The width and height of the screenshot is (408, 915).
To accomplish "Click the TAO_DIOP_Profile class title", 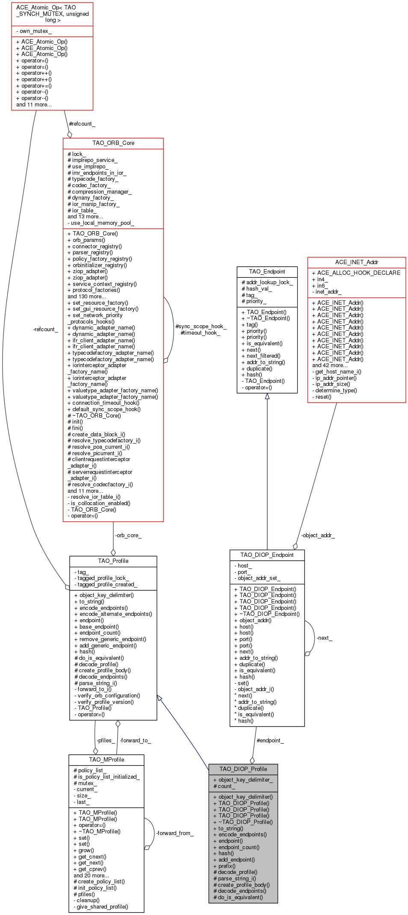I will (243, 769).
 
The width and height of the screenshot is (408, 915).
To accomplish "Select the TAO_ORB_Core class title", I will (113, 143).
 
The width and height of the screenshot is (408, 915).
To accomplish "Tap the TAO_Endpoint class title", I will (267, 272).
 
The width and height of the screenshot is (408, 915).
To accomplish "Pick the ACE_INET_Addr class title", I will (357, 262).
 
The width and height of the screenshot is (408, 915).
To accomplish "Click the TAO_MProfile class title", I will (106, 759).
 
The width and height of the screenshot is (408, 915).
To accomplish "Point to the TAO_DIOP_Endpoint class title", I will (267, 555).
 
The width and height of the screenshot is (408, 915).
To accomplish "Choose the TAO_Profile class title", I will (113, 561).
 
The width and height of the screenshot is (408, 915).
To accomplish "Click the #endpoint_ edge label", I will (270, 741).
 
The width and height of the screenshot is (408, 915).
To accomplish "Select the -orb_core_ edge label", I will (128, 535).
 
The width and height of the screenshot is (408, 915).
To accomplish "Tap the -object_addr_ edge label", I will (318, 535).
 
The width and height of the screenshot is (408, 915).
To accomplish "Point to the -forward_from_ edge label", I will (174, 833).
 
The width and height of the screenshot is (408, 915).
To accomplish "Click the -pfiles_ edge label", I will (105, 741).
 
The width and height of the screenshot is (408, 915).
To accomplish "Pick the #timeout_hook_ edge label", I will (200, 333).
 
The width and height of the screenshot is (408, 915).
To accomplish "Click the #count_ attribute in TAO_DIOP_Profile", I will (224, 786).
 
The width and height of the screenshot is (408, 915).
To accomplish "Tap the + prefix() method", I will (227, 866).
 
